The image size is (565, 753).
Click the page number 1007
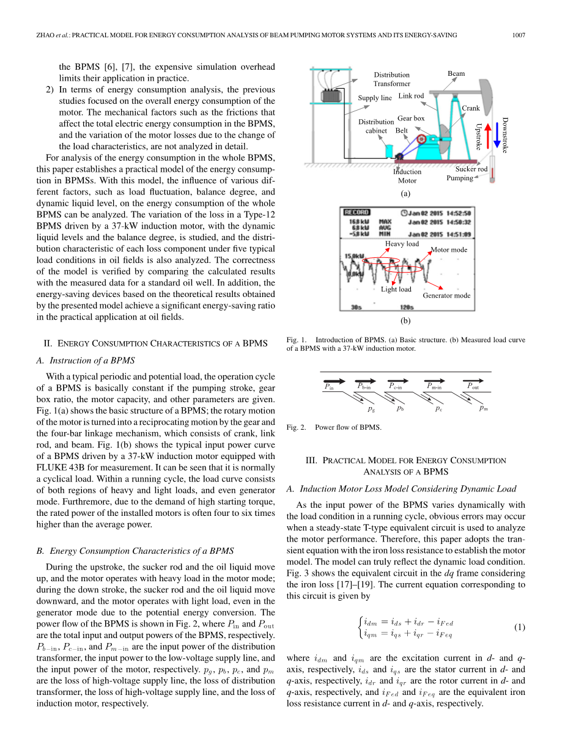(518, 35)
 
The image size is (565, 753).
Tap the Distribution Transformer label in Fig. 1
(392, 79)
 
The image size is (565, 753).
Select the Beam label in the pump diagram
(456, 73)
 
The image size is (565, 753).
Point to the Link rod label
(411, 96)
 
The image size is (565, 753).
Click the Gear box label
(411, 118)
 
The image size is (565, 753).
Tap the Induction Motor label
(407, 176)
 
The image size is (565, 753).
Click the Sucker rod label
(471, 169)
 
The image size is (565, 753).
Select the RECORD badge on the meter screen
(356, 213)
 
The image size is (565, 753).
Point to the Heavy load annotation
(402, 244)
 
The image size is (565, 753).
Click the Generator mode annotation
(446, 295)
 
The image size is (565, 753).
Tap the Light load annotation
(396, 289)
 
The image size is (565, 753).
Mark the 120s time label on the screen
(407, 307)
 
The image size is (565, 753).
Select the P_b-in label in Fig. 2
(364, 386)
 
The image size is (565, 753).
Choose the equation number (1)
(519, 627)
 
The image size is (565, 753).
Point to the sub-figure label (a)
(405, 193)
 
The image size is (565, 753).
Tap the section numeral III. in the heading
(311, 460)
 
